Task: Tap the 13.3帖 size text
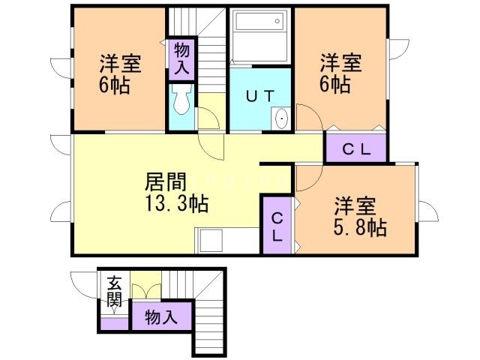coord(178,202)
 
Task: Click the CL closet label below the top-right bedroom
coord(356,148)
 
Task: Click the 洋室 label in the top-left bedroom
coord(118,62)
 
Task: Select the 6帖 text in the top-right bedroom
coord(334,84)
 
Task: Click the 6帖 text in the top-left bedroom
coord(114,84)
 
